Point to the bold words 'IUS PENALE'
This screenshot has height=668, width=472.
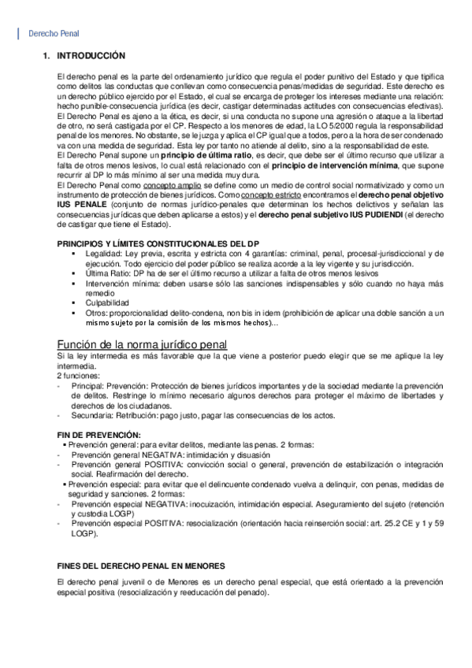click(x=80, y=203)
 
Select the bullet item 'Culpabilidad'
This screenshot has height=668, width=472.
click(x=108, y=302)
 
